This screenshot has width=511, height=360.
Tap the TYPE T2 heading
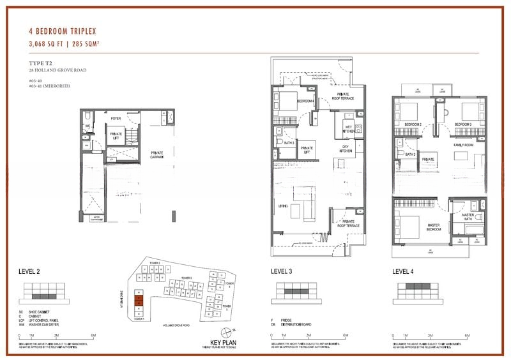click(43, 63)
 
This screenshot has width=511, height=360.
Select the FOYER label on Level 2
click(116, 118)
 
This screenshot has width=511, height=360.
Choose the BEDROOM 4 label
click(305, 101)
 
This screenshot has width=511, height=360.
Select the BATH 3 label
click(289, 143)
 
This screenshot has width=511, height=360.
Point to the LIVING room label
click(283, 205)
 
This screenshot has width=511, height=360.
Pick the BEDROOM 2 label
click(413, 124)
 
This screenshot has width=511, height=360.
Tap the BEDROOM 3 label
click(463, 124)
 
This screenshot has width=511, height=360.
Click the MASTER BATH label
click(468, 217)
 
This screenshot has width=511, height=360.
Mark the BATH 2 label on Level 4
click(410, 154)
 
